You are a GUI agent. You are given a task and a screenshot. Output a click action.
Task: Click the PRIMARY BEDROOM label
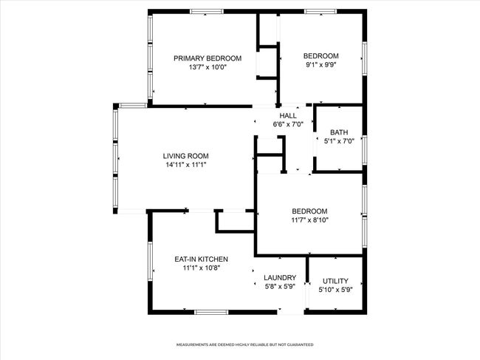point(208,58)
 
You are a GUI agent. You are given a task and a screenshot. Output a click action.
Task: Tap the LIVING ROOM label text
point(186,156)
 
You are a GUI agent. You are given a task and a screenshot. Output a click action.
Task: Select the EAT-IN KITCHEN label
point(201,259)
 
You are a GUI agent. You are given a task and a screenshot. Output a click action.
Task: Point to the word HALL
point(288,115)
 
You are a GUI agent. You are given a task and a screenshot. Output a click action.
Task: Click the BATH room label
point(339,132)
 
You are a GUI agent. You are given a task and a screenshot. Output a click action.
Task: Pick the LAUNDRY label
point(280,278)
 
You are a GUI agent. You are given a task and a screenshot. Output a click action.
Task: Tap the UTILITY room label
point(335,281)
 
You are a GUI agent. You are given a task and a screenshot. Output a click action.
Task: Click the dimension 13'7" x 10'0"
point(208,67)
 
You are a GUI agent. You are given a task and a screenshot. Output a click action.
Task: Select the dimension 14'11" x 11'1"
point(186,165)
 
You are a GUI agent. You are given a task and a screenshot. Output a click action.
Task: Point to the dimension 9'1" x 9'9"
point(321,64)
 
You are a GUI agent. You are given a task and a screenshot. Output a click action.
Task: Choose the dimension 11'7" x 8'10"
point(310,220)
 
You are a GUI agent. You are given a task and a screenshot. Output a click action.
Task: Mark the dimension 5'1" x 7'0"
point(339,141)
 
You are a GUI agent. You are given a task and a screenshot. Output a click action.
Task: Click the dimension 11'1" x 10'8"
point(202,268)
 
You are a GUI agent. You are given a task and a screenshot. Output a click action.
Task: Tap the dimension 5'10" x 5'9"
point(336,290)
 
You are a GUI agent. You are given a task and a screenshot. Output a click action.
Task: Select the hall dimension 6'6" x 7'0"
point(288,124)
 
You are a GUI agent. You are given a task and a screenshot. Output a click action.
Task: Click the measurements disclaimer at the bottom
point(245,344)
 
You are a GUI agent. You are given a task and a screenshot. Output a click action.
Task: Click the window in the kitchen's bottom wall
point(211,312)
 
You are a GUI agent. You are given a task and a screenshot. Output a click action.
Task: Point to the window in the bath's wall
point(365,150)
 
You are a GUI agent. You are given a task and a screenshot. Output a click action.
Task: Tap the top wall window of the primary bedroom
point(207,12)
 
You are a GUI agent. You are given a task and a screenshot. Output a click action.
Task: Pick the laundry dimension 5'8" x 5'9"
point(280,286)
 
